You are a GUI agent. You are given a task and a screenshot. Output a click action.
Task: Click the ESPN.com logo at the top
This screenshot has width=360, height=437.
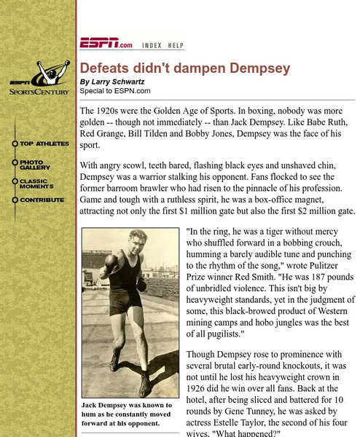tap(106, 44)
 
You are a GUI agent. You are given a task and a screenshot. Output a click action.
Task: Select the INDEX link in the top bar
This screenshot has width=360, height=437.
tap(151, 44)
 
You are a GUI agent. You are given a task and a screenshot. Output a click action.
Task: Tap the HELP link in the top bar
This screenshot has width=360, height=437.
tap(176, 44)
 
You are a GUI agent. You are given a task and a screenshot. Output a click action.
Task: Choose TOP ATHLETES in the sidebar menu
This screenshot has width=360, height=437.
tap(44, 143)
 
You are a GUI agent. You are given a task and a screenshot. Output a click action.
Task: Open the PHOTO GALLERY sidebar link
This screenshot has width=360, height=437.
tap(35, 165)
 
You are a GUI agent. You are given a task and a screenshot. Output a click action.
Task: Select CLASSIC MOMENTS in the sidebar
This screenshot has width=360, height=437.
tap(36, 184)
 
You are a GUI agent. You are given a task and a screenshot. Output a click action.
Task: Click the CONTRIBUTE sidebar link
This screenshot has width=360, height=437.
tap(42, 200)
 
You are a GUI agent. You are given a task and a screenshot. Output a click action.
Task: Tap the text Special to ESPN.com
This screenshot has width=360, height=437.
tap(115, 91)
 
